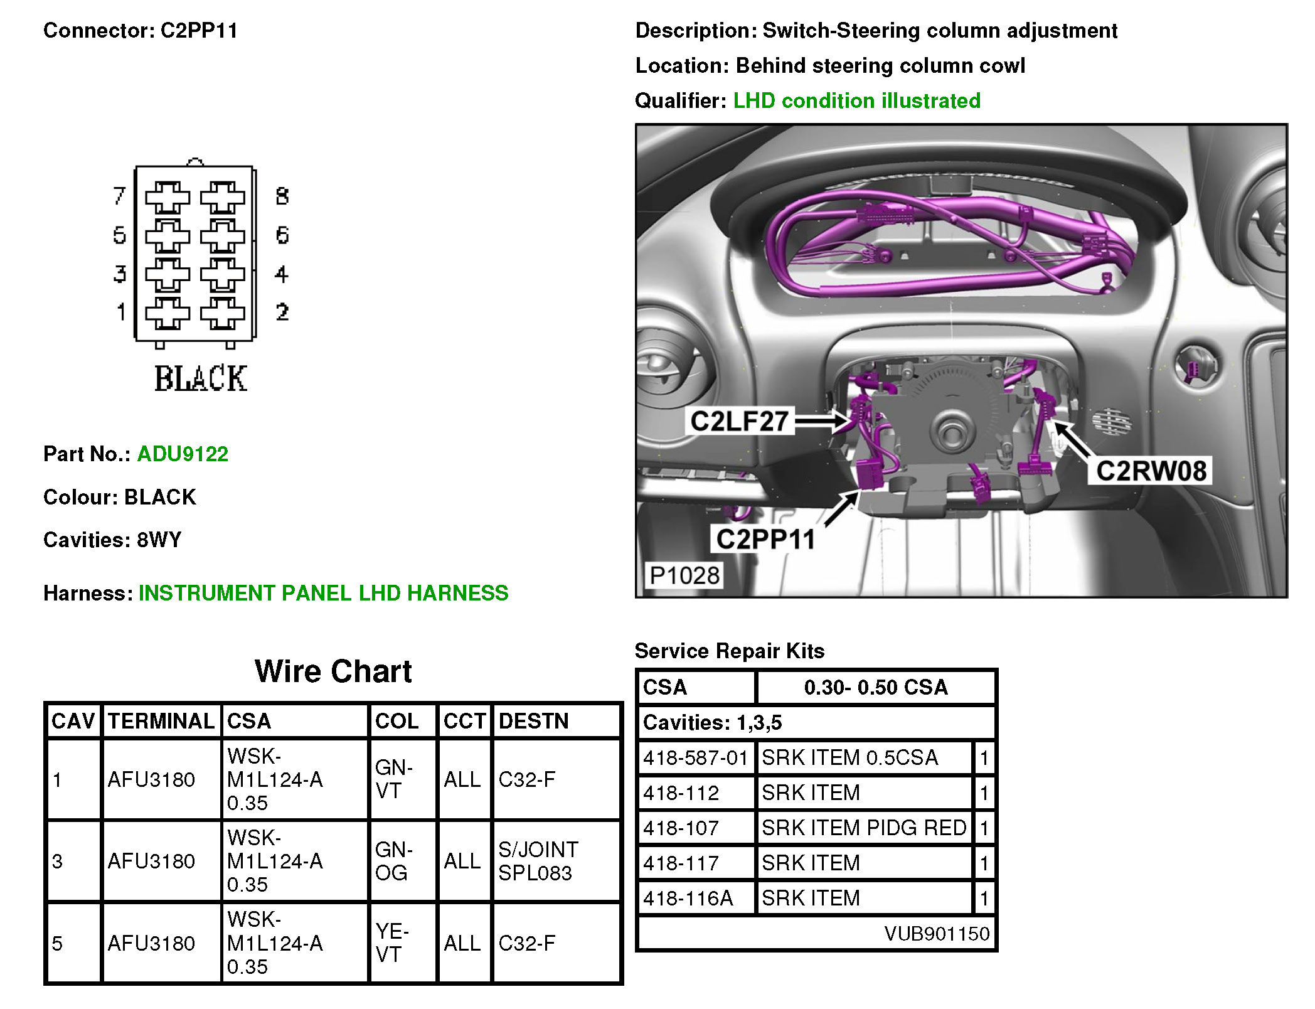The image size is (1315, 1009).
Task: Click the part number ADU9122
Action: pos(183,454)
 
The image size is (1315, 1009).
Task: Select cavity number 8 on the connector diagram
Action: pos(282,196)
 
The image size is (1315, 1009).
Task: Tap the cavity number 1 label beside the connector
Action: pos(121,312)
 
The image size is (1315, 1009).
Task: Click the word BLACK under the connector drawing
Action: pos(201,379)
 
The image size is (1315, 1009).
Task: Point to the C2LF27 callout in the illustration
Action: pos(739,421)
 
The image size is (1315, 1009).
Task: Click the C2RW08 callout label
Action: pos(1151,471)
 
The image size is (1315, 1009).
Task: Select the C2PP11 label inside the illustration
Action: pos(765,539)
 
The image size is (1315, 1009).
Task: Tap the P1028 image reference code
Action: pos(684,575)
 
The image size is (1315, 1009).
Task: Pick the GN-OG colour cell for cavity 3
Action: pos(393,861)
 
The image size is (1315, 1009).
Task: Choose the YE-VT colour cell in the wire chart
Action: pos(392,942)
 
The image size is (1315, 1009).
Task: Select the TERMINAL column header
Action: pos(161,721)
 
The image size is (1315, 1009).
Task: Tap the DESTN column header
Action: pos(533,721)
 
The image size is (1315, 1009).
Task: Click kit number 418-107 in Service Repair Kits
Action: pos(681,828)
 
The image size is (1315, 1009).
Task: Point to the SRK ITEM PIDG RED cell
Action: pos(864,828)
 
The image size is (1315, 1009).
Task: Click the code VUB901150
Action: pos(937,933)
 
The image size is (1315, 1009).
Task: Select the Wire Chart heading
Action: pos(333,671)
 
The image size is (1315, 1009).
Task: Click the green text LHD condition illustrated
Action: pos(856,100)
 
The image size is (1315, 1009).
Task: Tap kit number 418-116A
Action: pos(688,898)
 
